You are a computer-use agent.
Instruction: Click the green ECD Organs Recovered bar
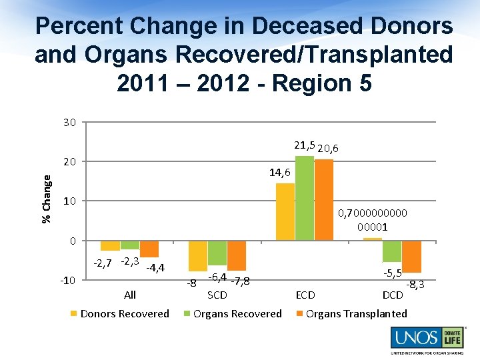click(305, 198)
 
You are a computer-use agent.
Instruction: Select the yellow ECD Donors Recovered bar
click(285, 211)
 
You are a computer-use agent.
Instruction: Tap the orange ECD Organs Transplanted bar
click(324, 200)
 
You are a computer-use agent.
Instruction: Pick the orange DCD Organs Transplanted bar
click(411, 257)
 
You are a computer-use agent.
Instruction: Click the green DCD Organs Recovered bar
click(392, 251)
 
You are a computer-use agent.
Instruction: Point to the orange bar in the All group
click(149, 249)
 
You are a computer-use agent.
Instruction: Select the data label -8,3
click(415, 284)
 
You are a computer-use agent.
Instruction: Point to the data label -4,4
click(155, 268)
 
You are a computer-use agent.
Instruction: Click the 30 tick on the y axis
click(70, 122)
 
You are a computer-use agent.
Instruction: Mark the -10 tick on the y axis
click(68, 280)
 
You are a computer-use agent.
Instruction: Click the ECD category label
click(305, 295)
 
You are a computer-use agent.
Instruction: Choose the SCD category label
click(217, 295)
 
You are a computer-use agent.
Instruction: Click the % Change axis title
click(47, 199)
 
